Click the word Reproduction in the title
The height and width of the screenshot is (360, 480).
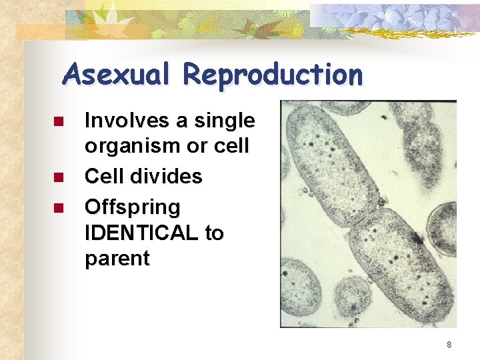click(273, 75)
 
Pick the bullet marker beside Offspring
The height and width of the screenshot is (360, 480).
click(58, 208)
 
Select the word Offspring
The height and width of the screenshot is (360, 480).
click(132, 207)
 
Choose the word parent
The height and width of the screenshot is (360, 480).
click(117, 259)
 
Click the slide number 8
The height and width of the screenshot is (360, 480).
click(449, 345)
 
